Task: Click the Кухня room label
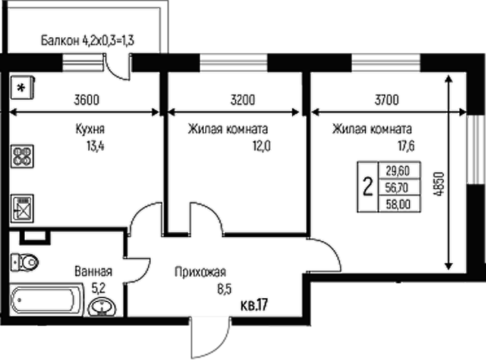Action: [89, 129]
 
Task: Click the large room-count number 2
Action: [369, 185]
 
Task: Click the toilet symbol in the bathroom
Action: [26, 262]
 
